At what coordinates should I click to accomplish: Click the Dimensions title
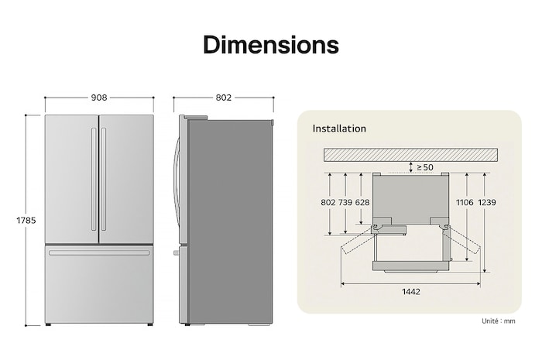[x=270, y=45]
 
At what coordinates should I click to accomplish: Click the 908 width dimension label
[x=98, y=98]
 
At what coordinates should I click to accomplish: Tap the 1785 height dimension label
[x=26, y=221]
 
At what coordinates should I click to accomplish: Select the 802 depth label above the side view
[x=224, y=98]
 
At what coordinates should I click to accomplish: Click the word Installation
[x=339, y=129]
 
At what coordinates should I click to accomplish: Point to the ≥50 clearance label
[x=425, y=167]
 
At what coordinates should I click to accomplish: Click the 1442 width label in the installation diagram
[x=410, y=291]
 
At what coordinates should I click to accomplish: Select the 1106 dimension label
[x=465, y=203]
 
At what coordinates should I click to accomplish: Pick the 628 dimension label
[x=362, y=203]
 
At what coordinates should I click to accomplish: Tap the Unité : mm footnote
[x=499, y=321]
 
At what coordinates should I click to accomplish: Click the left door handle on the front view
[x=94, y=179]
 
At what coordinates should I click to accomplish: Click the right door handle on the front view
[x=103, y=179]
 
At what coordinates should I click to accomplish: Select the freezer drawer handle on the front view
[x=98, y=252]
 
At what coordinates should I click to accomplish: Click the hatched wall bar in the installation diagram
[x=410, y=155]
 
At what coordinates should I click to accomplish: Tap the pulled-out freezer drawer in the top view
[x=410, y=255]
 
